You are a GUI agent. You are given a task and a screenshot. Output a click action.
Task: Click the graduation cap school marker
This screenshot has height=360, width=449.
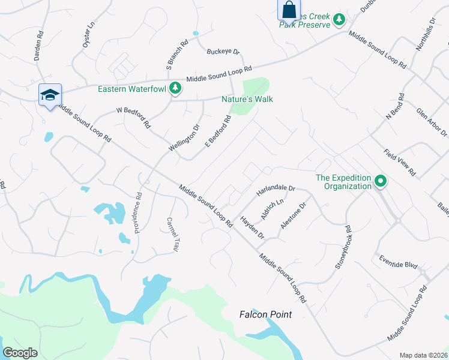click(50, 95)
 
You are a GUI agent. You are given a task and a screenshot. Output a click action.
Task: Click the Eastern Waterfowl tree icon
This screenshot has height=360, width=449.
click(175, 89)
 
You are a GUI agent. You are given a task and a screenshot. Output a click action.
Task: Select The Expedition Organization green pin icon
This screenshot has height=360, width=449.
click(380, 181)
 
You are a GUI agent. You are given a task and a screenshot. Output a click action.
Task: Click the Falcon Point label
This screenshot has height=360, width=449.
click(265, 314)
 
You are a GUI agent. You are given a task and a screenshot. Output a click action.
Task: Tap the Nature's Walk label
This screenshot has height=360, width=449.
click(247, 98)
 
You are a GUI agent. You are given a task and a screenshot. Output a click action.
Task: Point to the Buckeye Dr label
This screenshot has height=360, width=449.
click(223, 52)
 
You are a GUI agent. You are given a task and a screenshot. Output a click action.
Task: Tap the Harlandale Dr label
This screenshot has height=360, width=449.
click(276, 190)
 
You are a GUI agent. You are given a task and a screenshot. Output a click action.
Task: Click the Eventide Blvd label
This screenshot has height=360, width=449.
click(398, 262)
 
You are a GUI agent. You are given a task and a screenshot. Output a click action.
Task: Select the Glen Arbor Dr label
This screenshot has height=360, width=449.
click(432, 122)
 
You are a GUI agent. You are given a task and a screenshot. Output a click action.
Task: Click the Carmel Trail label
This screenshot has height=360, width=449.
click(173, 234)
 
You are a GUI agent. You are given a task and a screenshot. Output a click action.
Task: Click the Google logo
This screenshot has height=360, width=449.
click(20, 352)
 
